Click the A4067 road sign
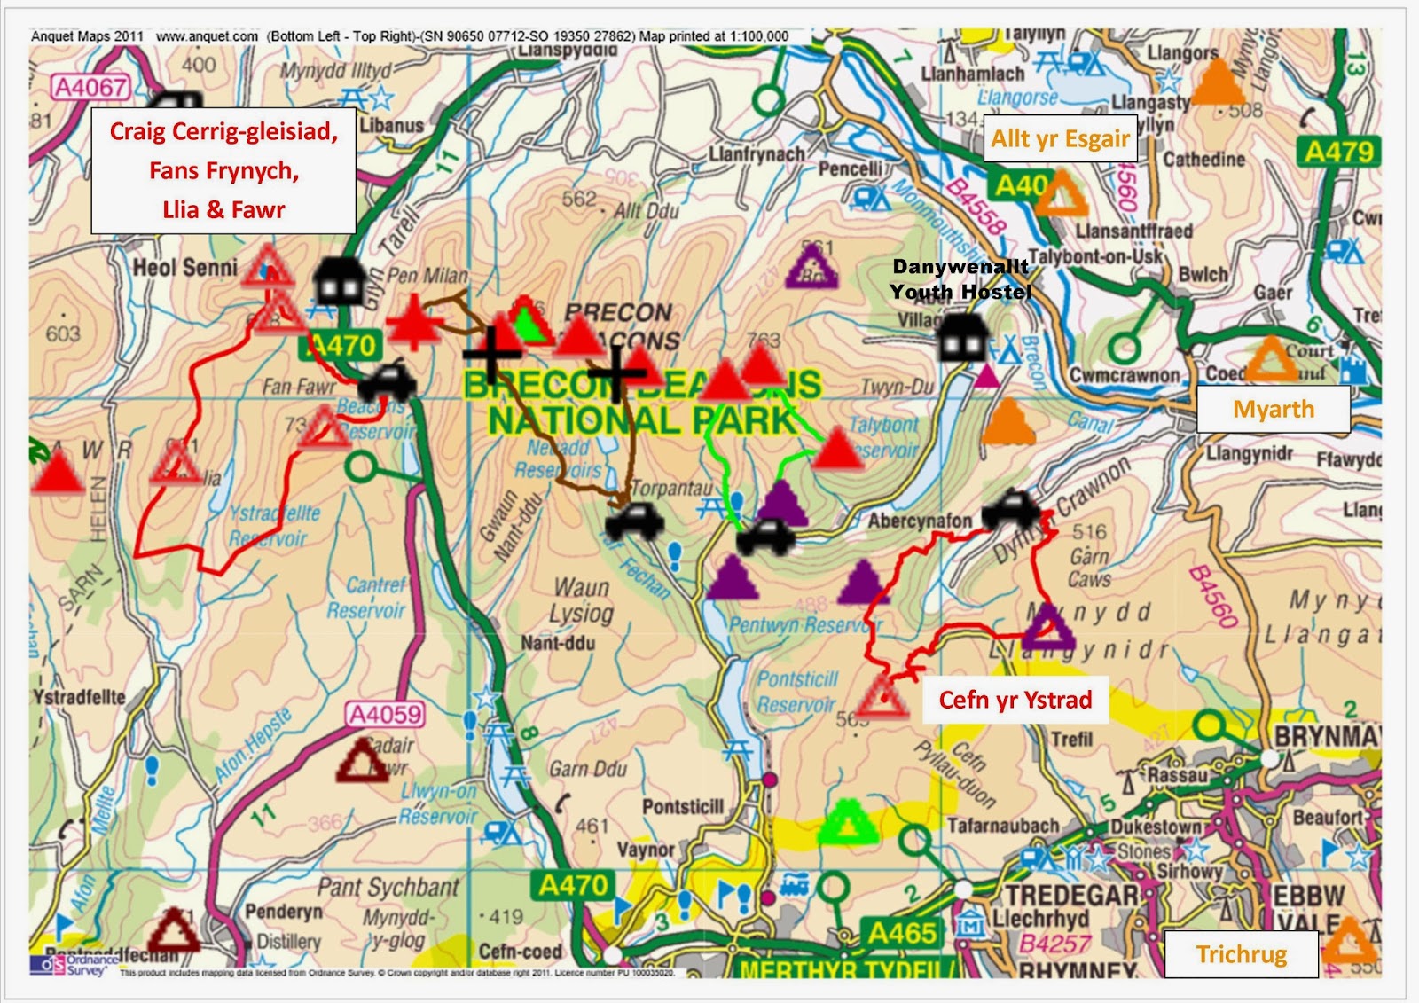point(90,87)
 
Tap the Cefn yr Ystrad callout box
point(1015,701)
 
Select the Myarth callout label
point(1273,410)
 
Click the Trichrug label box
point(1241,954)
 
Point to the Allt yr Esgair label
point(1060,139)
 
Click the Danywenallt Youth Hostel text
point(960,279)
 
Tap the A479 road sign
point(1338,153)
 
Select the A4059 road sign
point(385,715)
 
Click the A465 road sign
point(901,933)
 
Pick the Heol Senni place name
point(185,268)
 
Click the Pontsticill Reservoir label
point(796,692)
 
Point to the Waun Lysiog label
point(581,600)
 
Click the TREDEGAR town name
point(1071,895)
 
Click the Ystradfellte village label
point(80,697)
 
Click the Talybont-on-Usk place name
point(1095,256)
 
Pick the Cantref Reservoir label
point(366,598)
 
